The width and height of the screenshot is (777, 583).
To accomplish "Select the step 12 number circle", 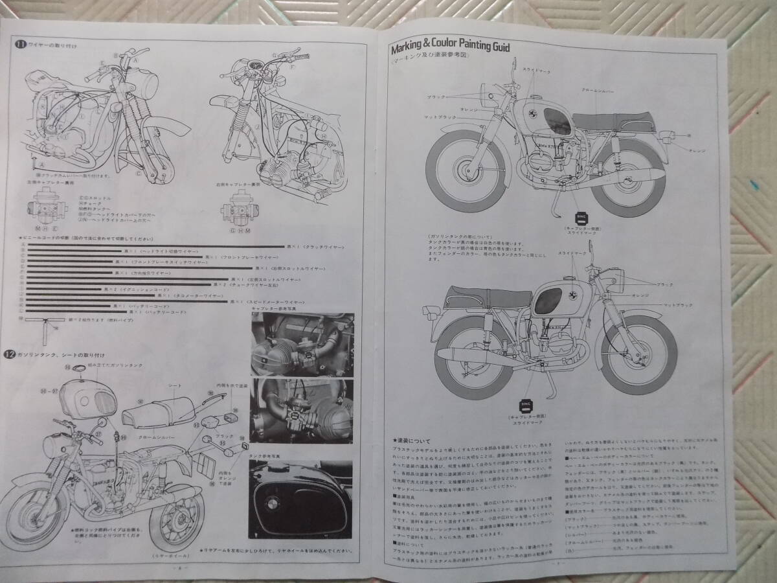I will tap(20, 354).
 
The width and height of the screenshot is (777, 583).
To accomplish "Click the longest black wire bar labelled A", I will tap(155, 247).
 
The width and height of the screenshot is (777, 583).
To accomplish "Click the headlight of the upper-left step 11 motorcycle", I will tap(151, 81).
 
